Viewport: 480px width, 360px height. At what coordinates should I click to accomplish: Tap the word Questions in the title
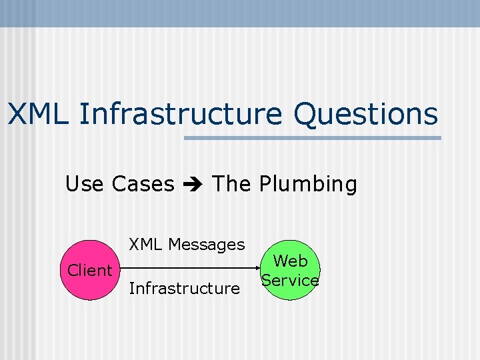365,114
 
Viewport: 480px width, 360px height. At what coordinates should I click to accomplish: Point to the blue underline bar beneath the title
312,138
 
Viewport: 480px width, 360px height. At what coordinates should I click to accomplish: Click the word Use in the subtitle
85,183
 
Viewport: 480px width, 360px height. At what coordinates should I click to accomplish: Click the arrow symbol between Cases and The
193,184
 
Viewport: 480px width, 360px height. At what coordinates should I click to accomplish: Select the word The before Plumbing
231,183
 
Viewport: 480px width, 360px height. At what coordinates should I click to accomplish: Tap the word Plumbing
308,183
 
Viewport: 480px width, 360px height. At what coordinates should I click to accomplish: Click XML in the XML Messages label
146,245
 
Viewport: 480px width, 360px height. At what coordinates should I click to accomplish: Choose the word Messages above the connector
206,245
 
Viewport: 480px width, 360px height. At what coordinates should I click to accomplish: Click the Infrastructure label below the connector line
184,288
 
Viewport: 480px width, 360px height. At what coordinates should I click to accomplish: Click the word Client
90,270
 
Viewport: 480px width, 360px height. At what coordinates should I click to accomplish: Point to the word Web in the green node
291,260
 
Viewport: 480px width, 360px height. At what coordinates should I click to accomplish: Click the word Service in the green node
290,280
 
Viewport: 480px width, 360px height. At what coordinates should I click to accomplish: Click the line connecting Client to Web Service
187,270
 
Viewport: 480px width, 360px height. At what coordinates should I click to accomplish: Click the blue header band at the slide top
240,13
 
